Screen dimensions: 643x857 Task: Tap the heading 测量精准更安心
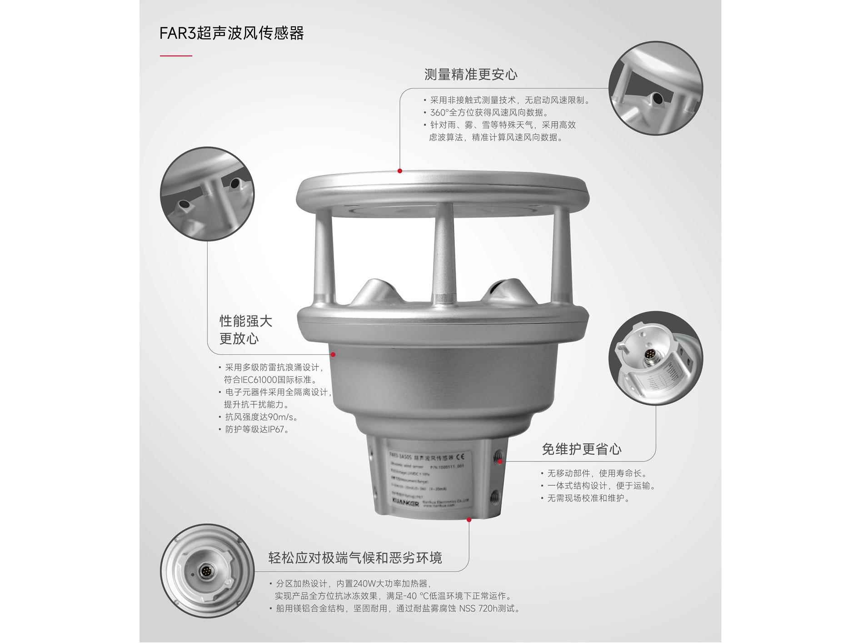click(470, 75)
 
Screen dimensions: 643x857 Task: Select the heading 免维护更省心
click(581, 449)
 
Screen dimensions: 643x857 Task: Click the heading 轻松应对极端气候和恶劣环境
click(355, 558)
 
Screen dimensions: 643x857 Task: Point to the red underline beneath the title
click(176, 56)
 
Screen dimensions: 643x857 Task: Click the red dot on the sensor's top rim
click(400, 171)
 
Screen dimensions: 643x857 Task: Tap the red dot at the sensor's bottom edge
click(469, 519)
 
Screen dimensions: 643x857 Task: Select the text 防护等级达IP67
click(257, 429)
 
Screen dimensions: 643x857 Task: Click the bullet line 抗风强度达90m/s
click(261, 417)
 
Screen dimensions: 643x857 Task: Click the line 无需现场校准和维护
click(588, 498)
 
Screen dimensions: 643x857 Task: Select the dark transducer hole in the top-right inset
click(657, 98)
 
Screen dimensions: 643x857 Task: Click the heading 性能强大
click(246, 321)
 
